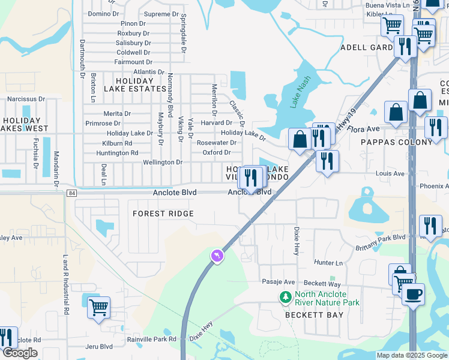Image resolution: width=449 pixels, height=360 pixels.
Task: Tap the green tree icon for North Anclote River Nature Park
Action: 286,296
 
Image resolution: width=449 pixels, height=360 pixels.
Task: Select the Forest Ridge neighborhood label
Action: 163,214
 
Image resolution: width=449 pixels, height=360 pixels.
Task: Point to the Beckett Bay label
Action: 314,315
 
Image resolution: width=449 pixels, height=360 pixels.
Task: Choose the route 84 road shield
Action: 72,193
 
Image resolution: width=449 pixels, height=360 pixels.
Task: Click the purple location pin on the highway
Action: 217,256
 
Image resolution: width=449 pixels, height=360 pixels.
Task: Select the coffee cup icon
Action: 413,295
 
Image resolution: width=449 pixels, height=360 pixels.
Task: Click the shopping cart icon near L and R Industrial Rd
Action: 98,307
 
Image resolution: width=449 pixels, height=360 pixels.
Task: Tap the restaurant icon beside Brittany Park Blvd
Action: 430,226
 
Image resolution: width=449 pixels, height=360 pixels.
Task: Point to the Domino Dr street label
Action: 103,13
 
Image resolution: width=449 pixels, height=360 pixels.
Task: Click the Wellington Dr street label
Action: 162,163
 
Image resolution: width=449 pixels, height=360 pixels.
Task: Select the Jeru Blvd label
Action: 99,346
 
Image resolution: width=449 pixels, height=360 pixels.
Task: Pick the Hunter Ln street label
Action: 328,263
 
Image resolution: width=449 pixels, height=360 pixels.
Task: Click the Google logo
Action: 20,353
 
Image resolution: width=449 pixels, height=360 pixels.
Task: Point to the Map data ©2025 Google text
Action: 411,355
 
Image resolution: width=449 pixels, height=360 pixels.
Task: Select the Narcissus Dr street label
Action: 25,99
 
